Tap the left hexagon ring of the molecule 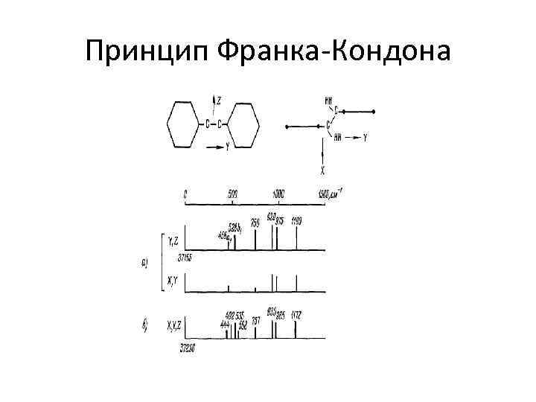[184, 124]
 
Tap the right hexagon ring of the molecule [246, 124]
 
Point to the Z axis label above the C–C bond [219, 99]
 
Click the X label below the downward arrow [322, 170]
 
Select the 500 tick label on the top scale [232, 194]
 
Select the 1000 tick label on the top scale [277, 194]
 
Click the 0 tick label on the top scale [185, 194]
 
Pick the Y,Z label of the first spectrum [173, 240]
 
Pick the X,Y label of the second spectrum [173, 280]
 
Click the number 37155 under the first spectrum [185, 258]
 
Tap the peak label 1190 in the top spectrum [297, 221]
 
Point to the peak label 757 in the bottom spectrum [255, 321]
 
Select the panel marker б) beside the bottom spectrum [145, 325]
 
